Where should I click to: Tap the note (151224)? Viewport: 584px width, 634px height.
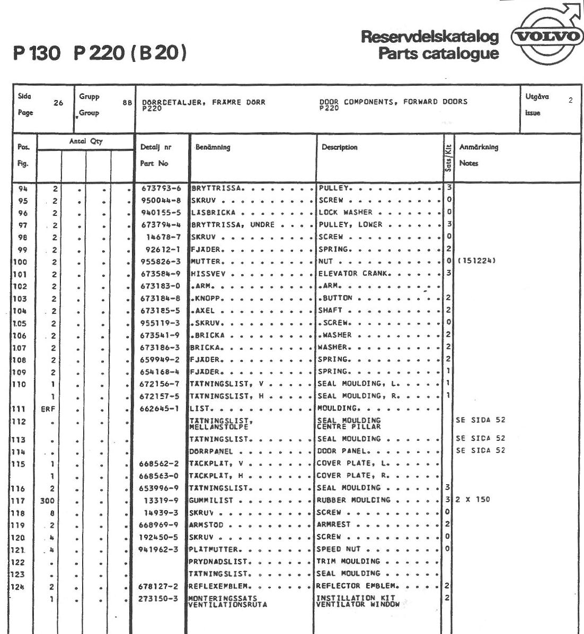(477, 261)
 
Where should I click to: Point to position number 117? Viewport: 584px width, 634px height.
(20, 500)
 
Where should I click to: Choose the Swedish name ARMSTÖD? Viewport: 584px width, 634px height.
(207, 525)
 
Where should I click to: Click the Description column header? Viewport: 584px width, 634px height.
(340, 148)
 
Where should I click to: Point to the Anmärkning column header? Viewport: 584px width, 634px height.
(479, 148)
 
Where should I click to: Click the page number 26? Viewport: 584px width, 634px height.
(58, 104)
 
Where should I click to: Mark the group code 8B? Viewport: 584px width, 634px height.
(127, 104)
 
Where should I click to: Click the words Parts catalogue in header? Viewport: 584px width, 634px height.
(438, 53)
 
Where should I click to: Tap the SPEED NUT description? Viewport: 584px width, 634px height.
(339, 549)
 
